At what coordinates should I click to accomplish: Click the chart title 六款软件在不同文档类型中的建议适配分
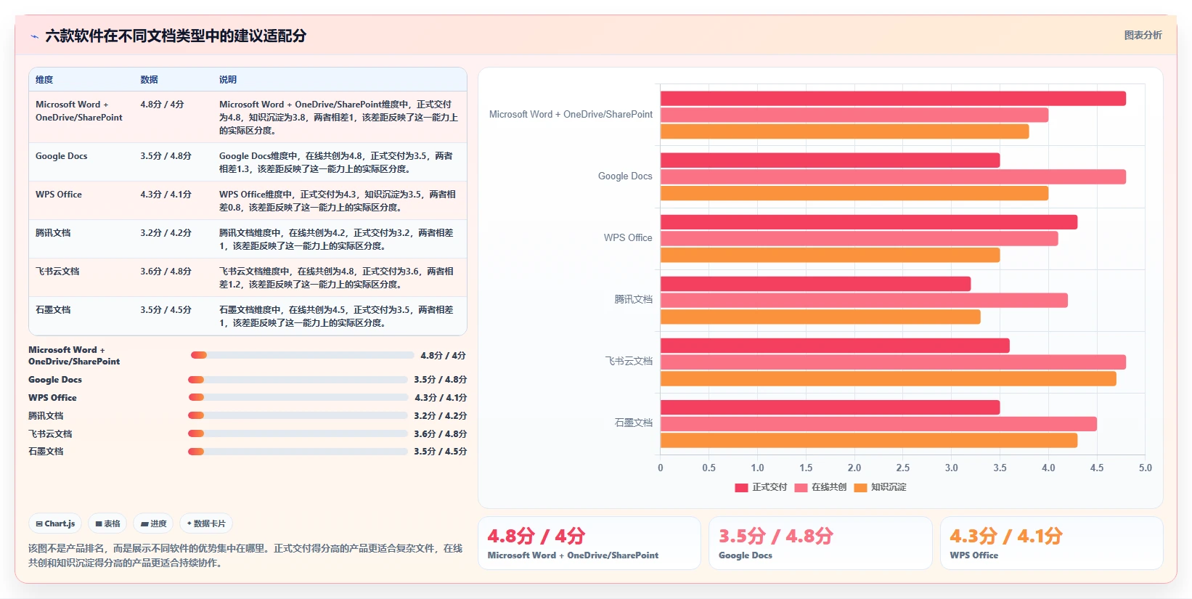click(x=176, y=36)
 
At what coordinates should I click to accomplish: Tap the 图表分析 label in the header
click(x=1143, y=35)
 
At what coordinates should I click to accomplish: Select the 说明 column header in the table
click(x=228, y=79)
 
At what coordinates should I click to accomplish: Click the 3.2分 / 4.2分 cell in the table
click(x=166, y=232)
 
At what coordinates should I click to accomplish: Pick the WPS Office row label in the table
click(x=59, y=195)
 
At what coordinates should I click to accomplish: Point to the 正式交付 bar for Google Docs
click(x=830, y=160)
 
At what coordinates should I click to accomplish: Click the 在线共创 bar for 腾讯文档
click(x=864, y=301)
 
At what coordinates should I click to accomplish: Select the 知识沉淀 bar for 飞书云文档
click(x=888, y=378)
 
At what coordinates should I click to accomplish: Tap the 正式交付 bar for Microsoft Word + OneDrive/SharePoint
click(x=893, y=99)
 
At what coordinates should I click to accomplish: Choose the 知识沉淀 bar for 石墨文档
click(x=868, y=440)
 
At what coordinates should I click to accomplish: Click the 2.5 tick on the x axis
click(x=902, y=468)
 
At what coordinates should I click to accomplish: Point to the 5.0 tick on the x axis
click(x=1145, y=468)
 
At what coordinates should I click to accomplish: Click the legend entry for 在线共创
click(x=820, y=487)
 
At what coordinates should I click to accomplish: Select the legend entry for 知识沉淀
click(x=880, y=487)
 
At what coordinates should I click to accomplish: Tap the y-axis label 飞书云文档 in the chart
click(x=629, y=361)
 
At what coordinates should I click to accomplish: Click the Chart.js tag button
click(x=55, y=523)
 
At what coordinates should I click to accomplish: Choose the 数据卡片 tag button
click(x=206, y=523)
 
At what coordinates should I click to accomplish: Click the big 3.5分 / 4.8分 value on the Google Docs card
click(x=775, y=536)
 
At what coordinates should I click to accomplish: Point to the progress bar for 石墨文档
click(x=298, y=452)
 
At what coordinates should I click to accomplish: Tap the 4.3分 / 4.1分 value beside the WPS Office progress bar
click(x=441, y=398)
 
